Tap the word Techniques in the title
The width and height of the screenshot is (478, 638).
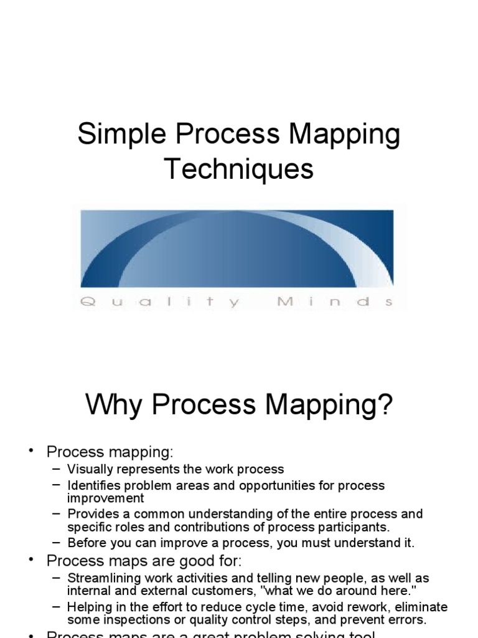point(239,169)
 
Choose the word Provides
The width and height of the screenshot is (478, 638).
point(91,514)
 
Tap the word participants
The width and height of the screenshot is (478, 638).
point(354,527)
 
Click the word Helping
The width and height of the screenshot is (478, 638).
point(89,606)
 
